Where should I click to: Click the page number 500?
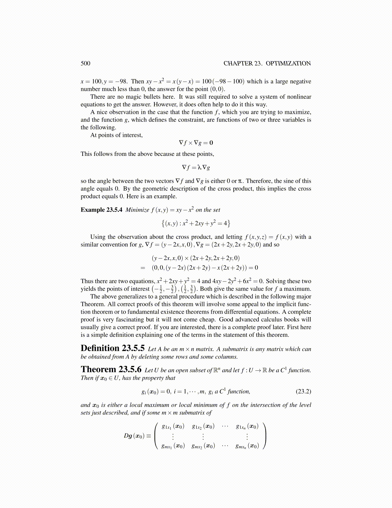(x=86, y=63)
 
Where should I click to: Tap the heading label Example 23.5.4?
(x=101, y=210)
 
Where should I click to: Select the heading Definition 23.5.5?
(x=112, y=348)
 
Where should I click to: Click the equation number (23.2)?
(x=303, y=391)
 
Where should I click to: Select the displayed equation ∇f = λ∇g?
(x=196, y=167)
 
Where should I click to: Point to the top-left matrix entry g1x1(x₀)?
(x=173, y=426)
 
